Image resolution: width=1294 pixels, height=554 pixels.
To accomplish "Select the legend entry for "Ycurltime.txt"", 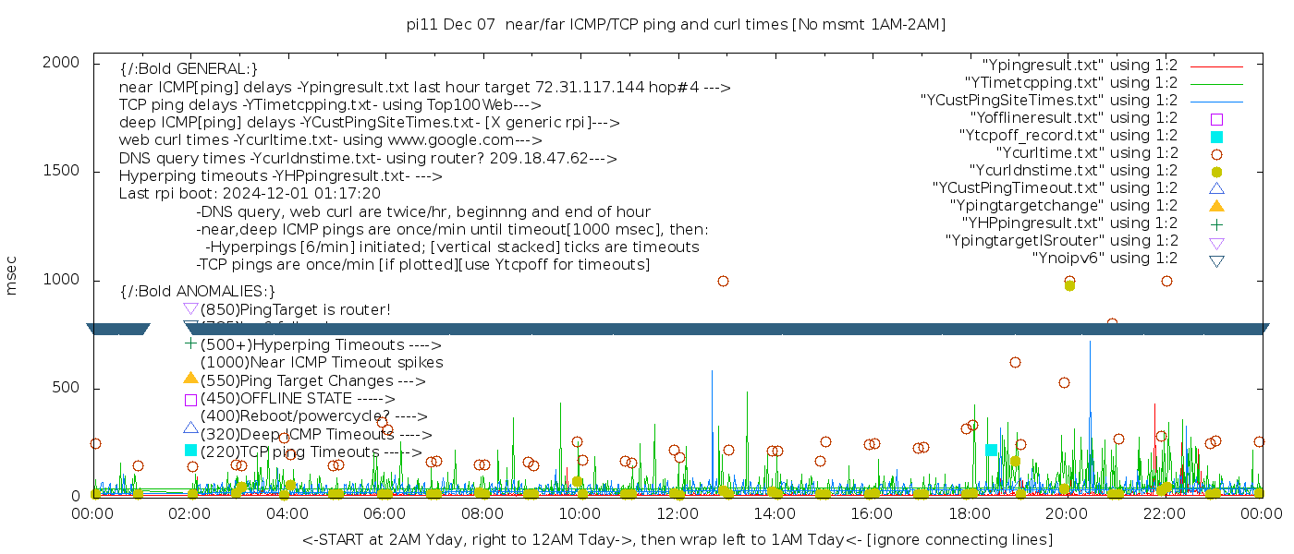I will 1087,153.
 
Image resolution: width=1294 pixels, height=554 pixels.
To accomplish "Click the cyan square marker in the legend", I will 1216,137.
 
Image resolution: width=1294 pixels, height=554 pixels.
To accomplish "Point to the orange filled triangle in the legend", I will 1216,206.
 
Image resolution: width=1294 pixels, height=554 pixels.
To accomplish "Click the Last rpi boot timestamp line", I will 250,194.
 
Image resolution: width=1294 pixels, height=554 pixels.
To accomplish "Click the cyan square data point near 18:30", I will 991,450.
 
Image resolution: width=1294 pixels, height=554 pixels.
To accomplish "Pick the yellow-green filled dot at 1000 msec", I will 1069,285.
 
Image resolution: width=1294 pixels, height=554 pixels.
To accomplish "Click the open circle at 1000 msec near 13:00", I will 723,281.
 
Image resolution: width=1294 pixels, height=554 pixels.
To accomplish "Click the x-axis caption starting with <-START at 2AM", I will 677,539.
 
